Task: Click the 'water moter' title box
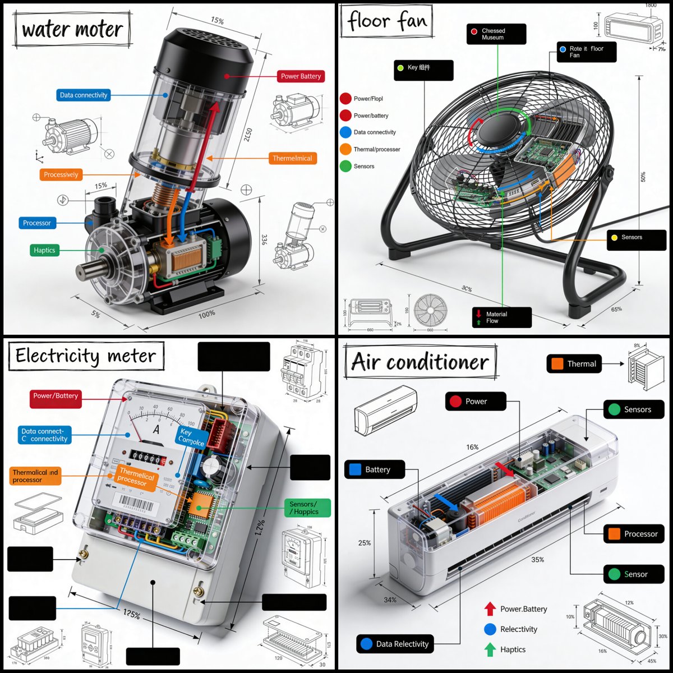pos(73,29)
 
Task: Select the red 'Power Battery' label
pos(301,76)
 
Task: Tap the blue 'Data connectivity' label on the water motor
pos(83,95)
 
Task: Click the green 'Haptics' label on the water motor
pos(44,250)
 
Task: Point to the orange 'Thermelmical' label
pos(292,158)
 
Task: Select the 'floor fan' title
pos(387,21)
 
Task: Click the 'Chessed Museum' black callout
pos(496,34)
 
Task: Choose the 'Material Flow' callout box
pos(501,317)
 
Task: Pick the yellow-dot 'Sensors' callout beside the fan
pos(636,238)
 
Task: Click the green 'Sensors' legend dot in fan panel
pos(345,167)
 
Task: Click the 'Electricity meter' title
pos(86,357)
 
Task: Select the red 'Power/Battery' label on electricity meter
pos(56,397)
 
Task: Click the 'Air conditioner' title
pos(420,362)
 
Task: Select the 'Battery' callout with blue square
pos(374,469)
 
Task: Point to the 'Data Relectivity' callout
pos(396,644)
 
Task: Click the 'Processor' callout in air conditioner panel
pos(634,534)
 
